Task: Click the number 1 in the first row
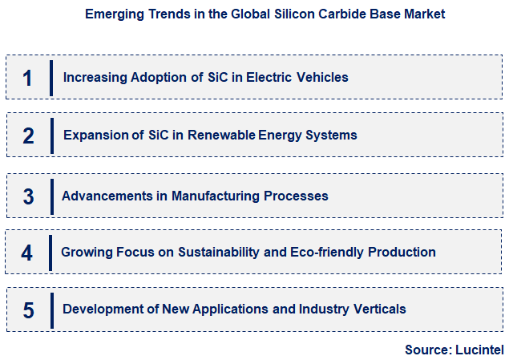click(27, 79)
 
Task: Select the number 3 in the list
click(28, 196)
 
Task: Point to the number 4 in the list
click(27, 253)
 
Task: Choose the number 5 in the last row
click(28, 310)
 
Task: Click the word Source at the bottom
click(427, 350)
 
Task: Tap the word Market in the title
click(425, 14)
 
